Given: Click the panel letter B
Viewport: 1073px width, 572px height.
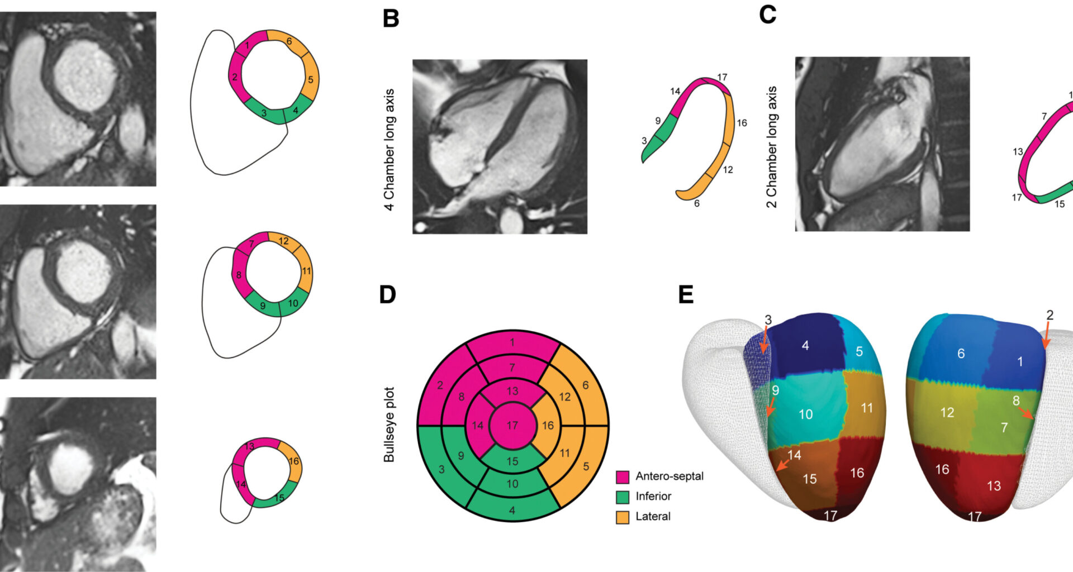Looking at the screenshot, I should coord(391,18).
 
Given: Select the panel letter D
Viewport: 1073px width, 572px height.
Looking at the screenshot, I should coord(387,294).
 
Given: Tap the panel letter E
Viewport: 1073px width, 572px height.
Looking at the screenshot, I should coord(686,294).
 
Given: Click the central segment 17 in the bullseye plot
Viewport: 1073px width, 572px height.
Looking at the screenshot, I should coord(512,426).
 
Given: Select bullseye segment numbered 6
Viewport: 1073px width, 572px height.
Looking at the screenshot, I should coord(585,385).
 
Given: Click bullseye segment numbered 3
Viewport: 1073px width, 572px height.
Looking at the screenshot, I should coord(441,469).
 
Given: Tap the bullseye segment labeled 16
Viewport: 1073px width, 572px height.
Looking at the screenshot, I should coord(548,426).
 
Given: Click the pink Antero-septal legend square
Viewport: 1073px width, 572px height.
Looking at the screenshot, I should coord(622,476).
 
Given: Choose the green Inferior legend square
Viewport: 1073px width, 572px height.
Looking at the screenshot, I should coord(622,497).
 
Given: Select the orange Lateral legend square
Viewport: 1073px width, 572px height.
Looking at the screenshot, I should coord(622,517).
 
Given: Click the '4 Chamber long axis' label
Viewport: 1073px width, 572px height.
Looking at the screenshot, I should coord(389,150).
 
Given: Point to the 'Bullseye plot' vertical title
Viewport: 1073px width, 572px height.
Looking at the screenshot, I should coord(389,425).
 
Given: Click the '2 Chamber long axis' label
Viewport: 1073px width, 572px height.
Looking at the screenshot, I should coord(772,147).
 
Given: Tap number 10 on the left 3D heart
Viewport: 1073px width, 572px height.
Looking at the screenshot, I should coord(805,414).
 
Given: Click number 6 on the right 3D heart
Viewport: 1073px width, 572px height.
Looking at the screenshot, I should coord(961,354).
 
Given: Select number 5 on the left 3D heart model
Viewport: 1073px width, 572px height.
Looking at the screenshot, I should coord(859,351).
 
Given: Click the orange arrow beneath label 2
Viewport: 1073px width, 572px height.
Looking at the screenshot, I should coord(1046,338).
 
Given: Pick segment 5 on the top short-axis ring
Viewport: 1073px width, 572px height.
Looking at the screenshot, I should coord(310,80).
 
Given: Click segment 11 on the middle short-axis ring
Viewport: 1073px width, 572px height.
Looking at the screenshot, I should coord(306,271).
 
